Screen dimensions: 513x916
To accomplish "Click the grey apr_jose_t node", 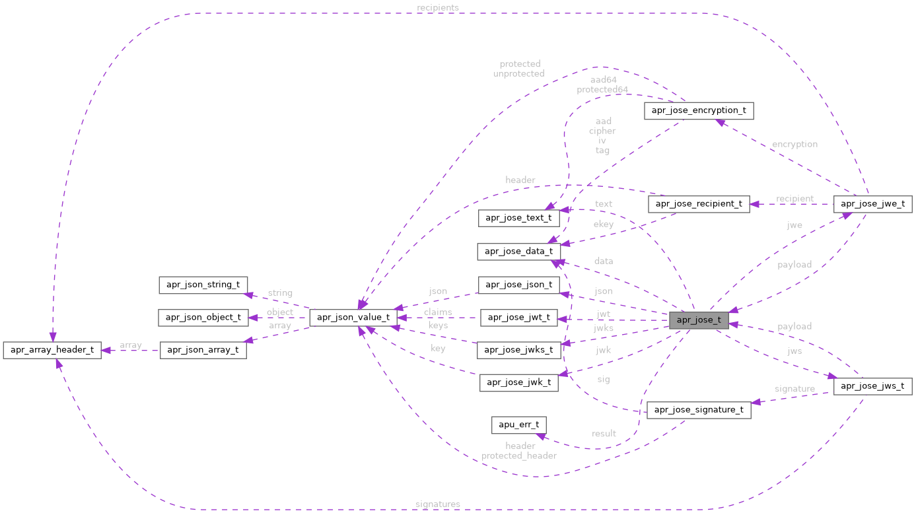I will pyautogui.click(x=699, y=321).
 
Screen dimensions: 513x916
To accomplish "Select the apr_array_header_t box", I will pyautogui.click(x=52, y=350).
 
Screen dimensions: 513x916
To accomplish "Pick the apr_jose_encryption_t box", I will pyautogui.click(x=699, y=110).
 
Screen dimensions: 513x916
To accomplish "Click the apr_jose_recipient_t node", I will pyautogui.click(x=699, y=204).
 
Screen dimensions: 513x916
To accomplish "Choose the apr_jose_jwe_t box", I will pyautogui.click(x=873, y=204).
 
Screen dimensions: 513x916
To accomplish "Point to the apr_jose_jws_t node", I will pyautogui.click(x=873, y=386).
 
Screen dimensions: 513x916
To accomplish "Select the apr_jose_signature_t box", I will pyautogui.click(x=699, y=410).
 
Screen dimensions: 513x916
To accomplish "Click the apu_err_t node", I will pyautogui.click(x=519, y=425).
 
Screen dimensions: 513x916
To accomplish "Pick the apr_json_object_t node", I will pyautogui.click(x=203, y=318).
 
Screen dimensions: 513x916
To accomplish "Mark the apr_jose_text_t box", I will pyautogui.click(x=519, y=217).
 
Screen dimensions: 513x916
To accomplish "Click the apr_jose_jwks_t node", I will pyautogui.click(x=519, y=349).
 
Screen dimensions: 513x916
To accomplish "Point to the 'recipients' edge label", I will pyautogui.click(x=437, y=7).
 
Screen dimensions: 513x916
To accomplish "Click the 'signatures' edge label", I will pyautogui.click(x=437, y=504).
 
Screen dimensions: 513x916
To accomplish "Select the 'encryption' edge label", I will pyautogui.click(x=794, y=144).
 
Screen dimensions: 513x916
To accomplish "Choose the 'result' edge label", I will pyautogui.click(x=603, y=434).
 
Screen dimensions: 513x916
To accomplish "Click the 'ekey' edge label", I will pyautogui.click(x=603, y=224).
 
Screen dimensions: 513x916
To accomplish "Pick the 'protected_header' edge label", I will pyautogui.click(x=519, y=456).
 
